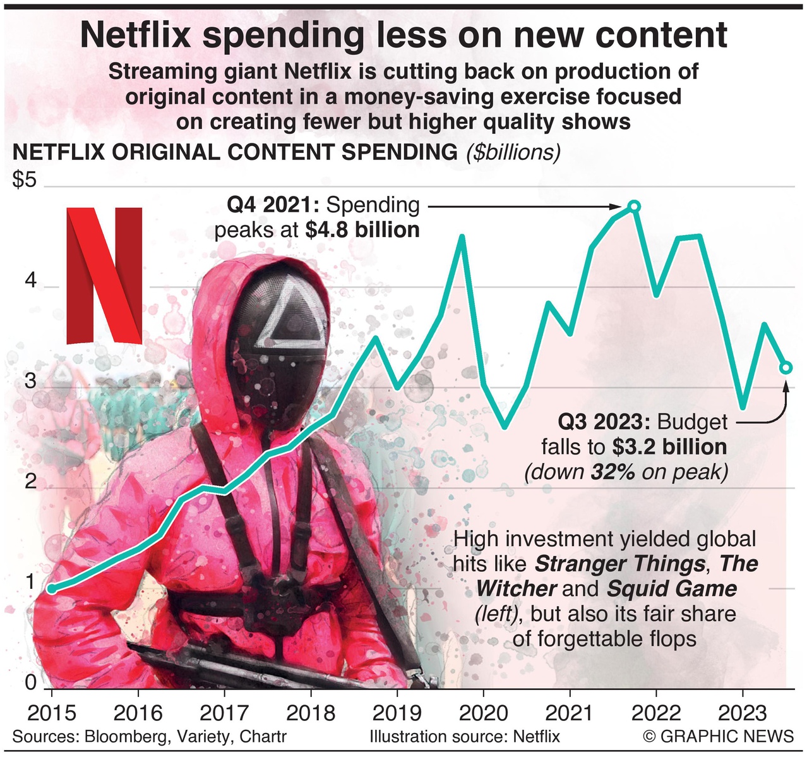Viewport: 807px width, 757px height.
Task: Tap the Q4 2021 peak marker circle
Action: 635,207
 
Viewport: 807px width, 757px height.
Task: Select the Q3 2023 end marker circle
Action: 786,367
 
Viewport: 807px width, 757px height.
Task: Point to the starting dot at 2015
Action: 52,589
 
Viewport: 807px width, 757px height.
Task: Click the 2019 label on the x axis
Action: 397,713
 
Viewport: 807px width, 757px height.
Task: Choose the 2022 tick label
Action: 656,713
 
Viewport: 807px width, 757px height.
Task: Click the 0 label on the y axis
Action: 30,682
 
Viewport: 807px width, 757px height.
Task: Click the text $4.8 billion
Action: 362,230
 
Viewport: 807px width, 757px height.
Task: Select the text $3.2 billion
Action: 669,447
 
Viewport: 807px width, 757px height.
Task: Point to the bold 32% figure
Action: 613,472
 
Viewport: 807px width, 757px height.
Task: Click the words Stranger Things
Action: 620,564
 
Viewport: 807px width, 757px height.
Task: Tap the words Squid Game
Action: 672,589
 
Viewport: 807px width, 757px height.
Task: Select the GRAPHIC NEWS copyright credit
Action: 718,737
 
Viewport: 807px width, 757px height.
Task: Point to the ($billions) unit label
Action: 513,152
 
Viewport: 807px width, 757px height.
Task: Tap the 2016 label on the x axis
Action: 138,713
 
